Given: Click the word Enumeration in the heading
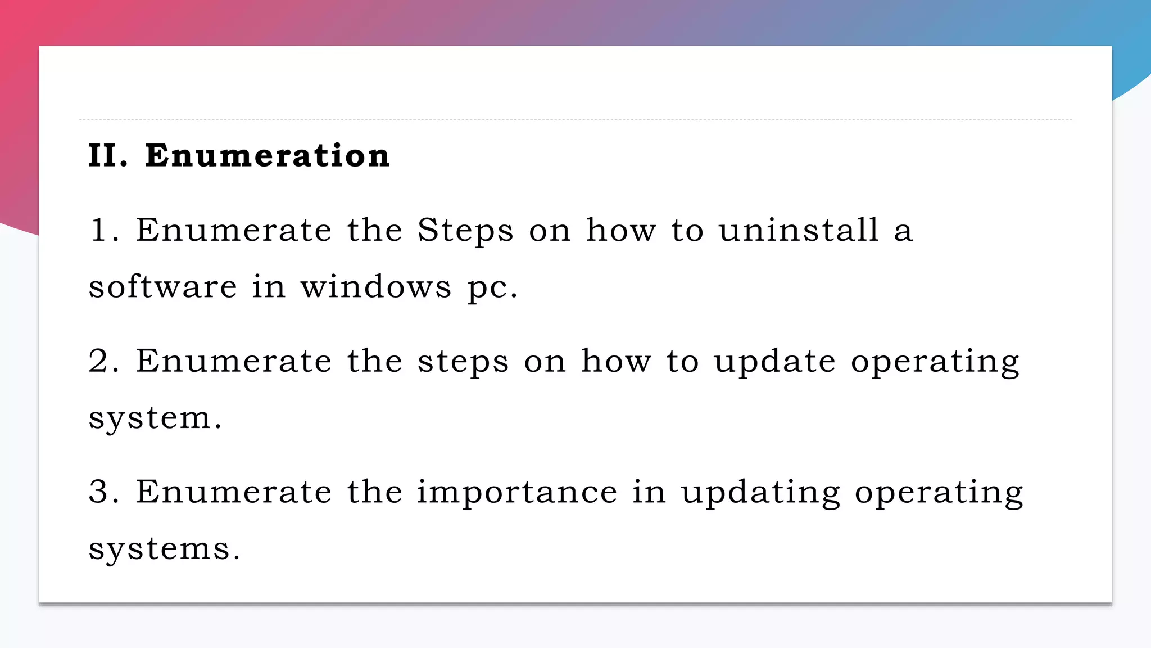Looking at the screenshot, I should tap(268, 156).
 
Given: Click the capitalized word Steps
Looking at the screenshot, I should tap(465, 230).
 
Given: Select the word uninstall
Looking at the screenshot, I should tap(799, 230).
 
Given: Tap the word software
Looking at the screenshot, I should tap(163, 287).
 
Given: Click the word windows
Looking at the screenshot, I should tap(376, 287).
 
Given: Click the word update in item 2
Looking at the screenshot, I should tap(774, 362).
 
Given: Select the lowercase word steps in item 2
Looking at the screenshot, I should tap(463, 362).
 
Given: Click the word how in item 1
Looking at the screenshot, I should tap(621, 230).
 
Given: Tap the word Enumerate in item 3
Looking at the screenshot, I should tap(234, 492).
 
